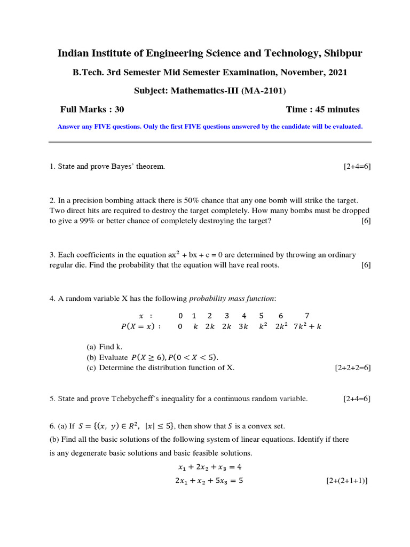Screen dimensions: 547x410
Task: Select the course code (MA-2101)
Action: pos(264,91)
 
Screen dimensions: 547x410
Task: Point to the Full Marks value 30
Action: pos(119,110)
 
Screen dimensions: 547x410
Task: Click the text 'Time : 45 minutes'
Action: pos(322,110)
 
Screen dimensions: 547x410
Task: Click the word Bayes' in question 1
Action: pos(121,167)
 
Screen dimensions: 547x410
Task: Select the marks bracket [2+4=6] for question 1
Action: pos(357,167)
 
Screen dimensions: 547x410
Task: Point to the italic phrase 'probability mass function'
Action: pos(232,299)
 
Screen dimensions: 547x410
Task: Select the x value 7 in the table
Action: pos(307,316)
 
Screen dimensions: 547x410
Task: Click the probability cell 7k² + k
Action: pos(307,326)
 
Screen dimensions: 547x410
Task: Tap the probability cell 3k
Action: pos(243,326)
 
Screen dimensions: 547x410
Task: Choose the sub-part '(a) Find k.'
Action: pos(105,347)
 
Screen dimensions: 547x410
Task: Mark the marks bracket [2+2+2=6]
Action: pos(352,368)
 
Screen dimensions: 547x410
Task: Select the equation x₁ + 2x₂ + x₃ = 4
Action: pos(210,467)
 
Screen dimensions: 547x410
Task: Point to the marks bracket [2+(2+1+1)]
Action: pos(347,481)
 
